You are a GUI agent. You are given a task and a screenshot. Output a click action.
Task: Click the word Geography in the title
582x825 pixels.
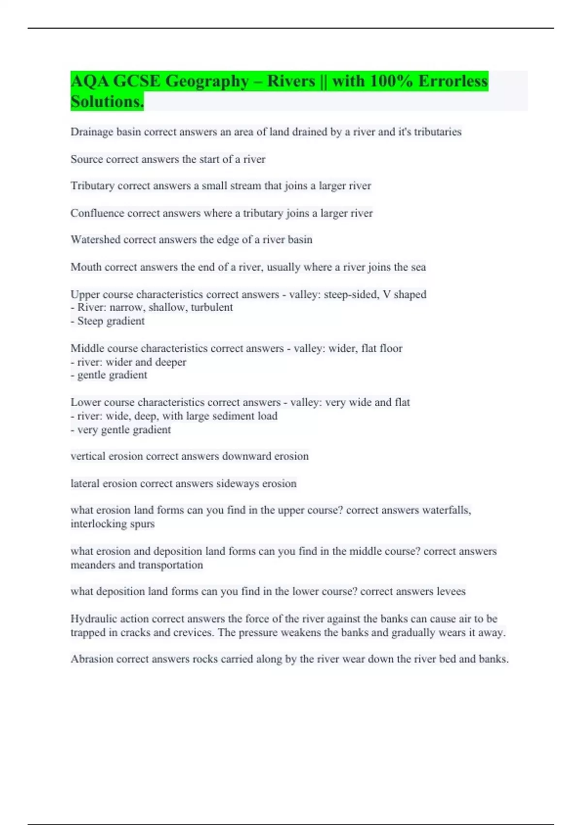207,81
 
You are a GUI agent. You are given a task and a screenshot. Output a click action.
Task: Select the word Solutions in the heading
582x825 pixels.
107,102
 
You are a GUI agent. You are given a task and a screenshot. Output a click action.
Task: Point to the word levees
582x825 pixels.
451,592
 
